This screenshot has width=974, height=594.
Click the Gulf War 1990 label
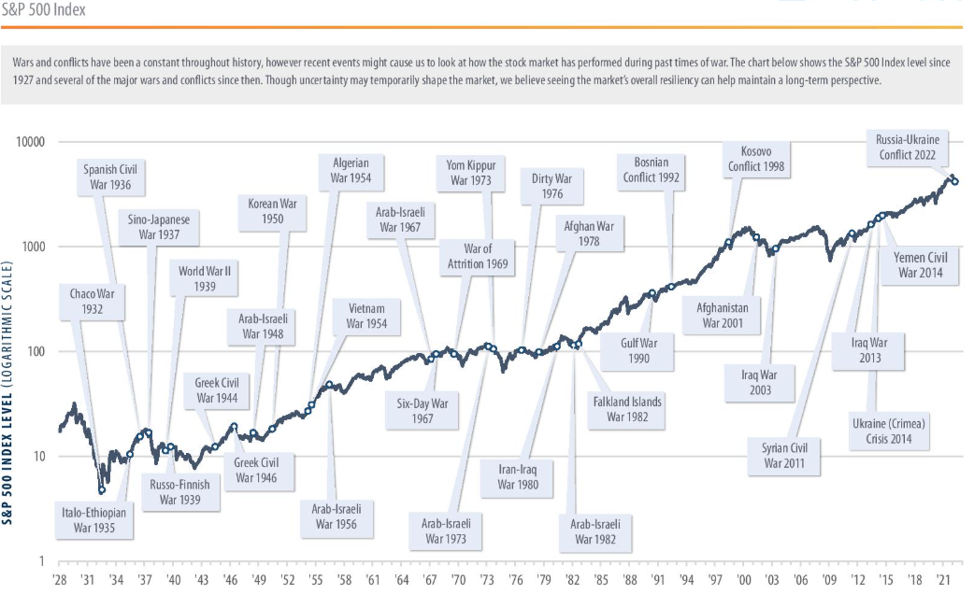[639, 350]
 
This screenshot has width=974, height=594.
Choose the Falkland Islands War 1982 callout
[626, 409]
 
